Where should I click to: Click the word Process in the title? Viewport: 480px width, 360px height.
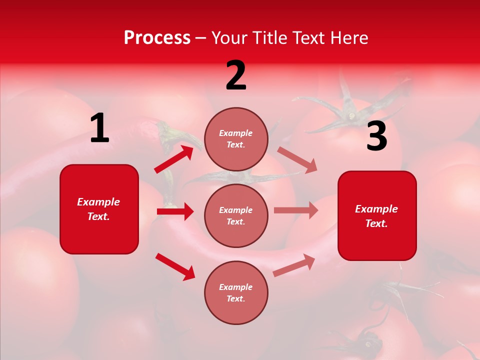157,38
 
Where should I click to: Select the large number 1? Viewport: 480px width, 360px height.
99,129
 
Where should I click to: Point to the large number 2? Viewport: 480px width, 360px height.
236,76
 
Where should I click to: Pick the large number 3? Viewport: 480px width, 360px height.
376,137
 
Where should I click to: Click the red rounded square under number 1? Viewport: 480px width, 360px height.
99,209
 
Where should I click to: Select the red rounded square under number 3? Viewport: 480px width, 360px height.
377,215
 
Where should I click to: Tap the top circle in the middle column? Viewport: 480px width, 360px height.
236,139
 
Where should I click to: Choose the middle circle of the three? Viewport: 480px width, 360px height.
236,215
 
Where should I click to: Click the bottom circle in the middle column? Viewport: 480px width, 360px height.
236,292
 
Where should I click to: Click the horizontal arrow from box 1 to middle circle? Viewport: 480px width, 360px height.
175,211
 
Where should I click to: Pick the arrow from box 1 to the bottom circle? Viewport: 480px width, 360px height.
175,266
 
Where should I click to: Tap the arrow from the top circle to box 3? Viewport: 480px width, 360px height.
297,159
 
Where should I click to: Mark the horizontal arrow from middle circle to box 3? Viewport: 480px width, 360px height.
295,210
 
